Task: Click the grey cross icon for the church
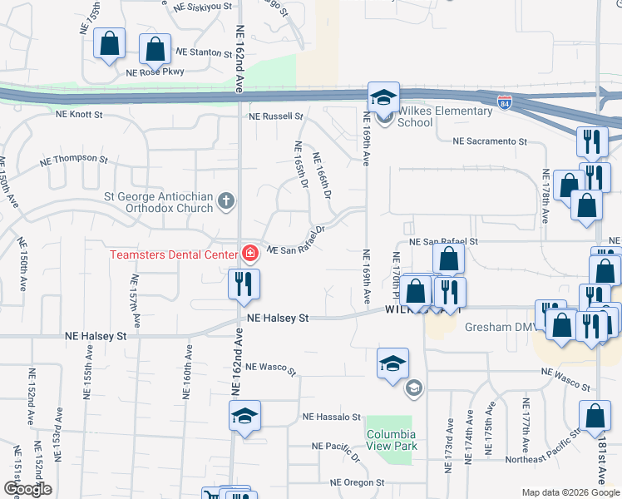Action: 225,200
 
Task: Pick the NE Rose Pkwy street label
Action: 155,72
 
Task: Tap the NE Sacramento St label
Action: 490,141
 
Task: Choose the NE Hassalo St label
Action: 332,417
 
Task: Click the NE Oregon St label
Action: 358,482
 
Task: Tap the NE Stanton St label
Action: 204,52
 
